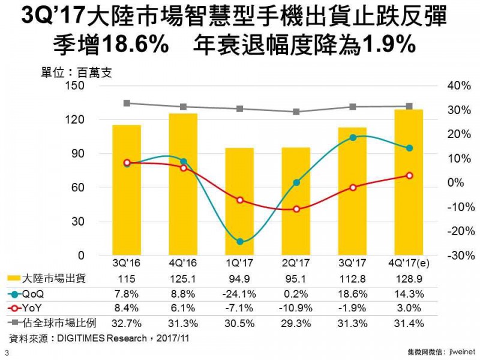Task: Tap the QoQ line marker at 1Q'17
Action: click(240, 242)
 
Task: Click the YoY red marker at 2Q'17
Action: click(296, 209)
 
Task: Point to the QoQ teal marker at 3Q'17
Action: click(353, 137)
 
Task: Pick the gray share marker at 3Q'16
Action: click(127, 103)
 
